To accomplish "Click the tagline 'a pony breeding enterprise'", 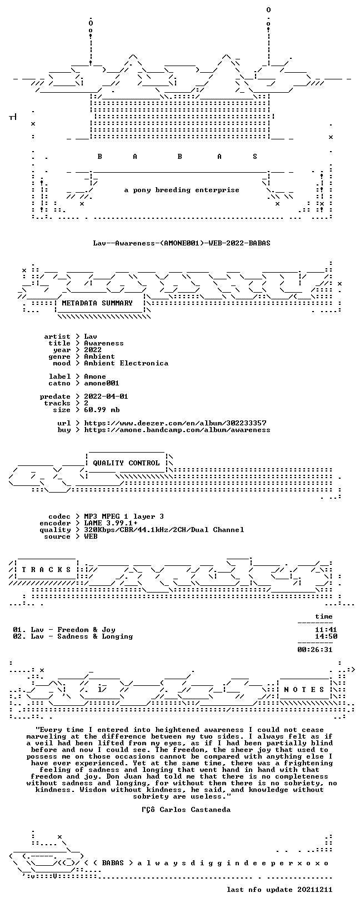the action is (x=182, y=190).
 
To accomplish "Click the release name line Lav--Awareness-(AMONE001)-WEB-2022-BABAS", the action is (x=182, y=243).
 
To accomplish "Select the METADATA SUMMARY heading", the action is (x=97, y=303).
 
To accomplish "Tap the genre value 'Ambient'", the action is (x=99, y=356).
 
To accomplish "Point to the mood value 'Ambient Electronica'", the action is (x=126, y=363).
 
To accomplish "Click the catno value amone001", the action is (x=102, y=383).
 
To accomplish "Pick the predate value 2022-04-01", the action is (x=106, y=396).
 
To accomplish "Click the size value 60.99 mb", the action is (x=102, y=410).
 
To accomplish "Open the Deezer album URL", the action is (x=176, y=423).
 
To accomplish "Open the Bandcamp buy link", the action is (x=177, y=430).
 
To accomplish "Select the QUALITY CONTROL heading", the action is (x=126, y=463).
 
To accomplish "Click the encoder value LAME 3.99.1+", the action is (x=111, y=523).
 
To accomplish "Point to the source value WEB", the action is (x=91, y=536).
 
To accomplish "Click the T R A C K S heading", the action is (x=46, y=569).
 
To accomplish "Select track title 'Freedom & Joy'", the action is (x=86, y=630).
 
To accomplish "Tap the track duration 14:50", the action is (x=326, y=636).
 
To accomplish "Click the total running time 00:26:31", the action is (x=315, y=650).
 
